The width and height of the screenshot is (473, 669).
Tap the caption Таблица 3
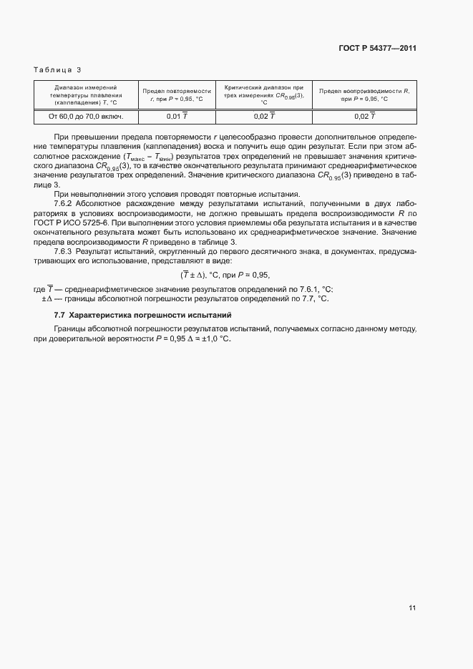pos(57,69)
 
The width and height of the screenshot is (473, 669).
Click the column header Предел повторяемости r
pos(177,94)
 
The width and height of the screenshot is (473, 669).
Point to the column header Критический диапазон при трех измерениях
pos(264,94)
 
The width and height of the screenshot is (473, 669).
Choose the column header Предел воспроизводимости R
pos(364,94)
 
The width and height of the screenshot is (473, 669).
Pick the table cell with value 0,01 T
pos(177,116)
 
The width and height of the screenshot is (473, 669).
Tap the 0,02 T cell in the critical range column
pos(264,116)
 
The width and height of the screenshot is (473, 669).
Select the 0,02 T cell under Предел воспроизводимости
pos(364,116)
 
